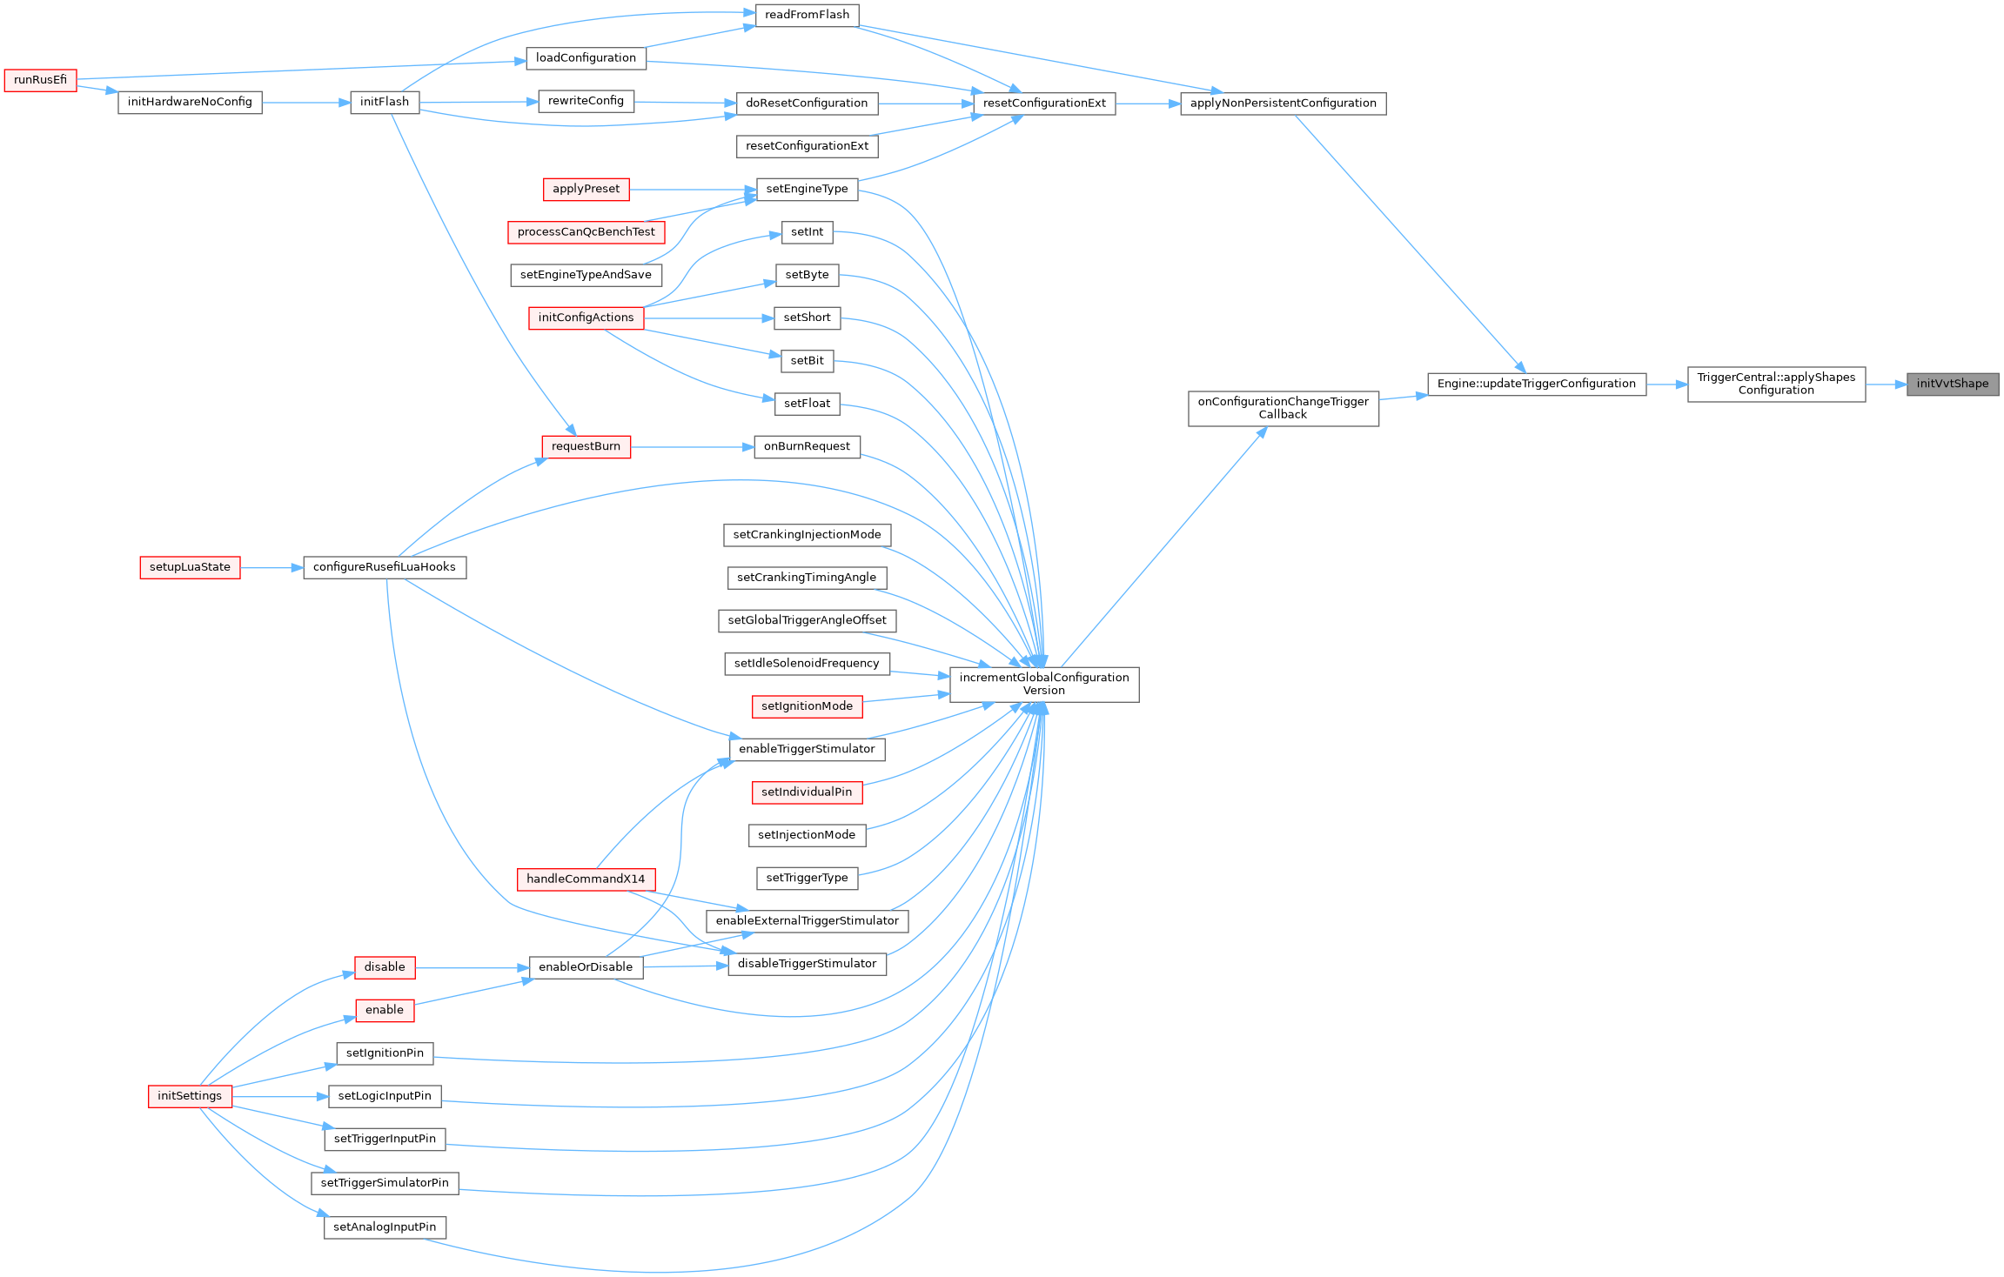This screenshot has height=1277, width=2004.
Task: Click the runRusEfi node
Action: pyautogui.click(x=40, y=80)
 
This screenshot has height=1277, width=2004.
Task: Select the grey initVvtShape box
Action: pyautogui.click(x=1952, y=384)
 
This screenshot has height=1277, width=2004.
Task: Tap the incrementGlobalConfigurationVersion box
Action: pyautogui.click(x=1043, y=684)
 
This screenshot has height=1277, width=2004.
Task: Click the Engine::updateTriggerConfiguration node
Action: pyautogui.click(x=1536, y=384)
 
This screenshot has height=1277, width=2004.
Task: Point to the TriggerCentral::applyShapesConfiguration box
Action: pyautogui.click(x=1775, y=384)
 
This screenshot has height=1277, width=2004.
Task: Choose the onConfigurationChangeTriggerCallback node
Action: pyautogui.click(x=1283, y=408)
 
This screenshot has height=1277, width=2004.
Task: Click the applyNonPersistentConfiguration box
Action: pyautogui.click(x=1283, y=104)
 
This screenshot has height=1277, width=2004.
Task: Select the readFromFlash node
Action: pyautogui.click(x=807, y=15)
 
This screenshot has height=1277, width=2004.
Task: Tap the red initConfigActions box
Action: pyautogui.click(x=586, y=318)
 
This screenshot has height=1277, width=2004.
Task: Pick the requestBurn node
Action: pyautogui.click(x=586, y=446)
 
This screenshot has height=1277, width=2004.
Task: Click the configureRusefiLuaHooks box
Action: pyautogui.click(x=384, y=567)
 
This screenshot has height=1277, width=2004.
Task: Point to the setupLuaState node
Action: pyautogui.click(x=190, y=567)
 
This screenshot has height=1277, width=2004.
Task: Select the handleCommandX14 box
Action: pyautogui.click(x=586, y=879)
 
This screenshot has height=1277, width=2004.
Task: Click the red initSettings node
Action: pyautogui.click(x=190, y=1096)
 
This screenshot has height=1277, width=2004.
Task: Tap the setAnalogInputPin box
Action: pyautogui.click(x=385, y=1227)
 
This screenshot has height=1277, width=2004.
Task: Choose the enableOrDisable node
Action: pyautogui.click(x=586, y=967)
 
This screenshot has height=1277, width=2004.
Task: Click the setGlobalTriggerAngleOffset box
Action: pyautogui.click(x=807, y=620)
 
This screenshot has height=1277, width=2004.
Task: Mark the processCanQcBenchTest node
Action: pyautogui.click(x=586, y=232)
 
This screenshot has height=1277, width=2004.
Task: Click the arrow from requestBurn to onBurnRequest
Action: pyautogui.click(x=692, y=447)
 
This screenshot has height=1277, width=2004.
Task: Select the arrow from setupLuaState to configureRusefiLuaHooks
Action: pyautogui.click(x=271, y=568)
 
